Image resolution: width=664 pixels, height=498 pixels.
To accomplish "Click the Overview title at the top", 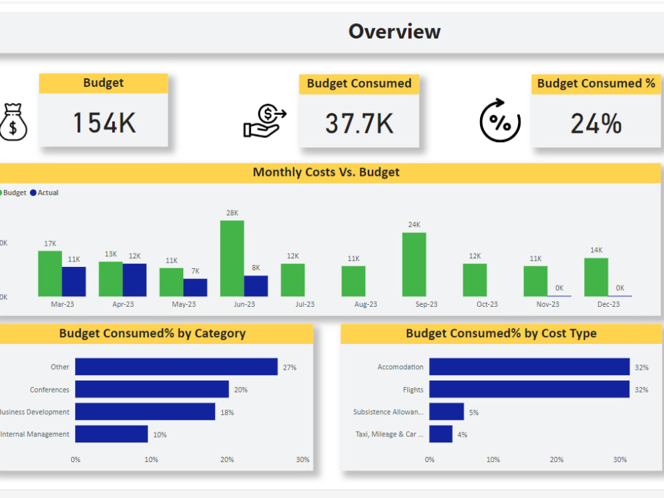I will tap(394, 31).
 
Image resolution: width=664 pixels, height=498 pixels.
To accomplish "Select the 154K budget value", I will tap(104, 123).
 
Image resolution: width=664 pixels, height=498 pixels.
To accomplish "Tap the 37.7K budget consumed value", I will tap(359, 124).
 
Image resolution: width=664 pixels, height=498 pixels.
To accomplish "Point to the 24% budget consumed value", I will tap(596, 124).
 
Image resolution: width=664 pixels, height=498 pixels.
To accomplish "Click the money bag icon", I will tap(13, 122).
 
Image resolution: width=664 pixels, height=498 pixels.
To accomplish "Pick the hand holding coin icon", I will tap(264, 120).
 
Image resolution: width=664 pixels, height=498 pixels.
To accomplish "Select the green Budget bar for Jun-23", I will tap(232, 258).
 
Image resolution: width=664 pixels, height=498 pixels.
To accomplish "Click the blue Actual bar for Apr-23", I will tap(134, 280).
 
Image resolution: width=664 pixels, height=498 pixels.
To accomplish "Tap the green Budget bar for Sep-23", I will tap(414, 264).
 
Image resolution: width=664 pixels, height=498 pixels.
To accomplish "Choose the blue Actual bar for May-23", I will tap(195, 287).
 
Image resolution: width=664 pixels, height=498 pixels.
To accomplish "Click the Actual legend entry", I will tap(44, 193).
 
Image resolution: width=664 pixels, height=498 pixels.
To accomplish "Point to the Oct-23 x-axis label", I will tap(487, 304).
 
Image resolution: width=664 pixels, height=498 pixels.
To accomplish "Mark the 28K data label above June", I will tap(232, 213).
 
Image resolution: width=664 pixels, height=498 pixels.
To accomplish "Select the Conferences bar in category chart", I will tap(151, 389).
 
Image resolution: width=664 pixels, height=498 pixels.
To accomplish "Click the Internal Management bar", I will tap(111, 434).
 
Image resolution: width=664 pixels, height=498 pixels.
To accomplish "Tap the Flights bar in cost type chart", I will tap(529, 389).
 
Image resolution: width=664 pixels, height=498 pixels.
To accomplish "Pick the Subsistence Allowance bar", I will tap(446, 412).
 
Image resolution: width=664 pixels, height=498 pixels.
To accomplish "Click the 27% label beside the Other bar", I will tap(290, 367).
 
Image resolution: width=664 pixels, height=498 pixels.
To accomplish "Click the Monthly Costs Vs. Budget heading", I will tap(326, 173).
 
